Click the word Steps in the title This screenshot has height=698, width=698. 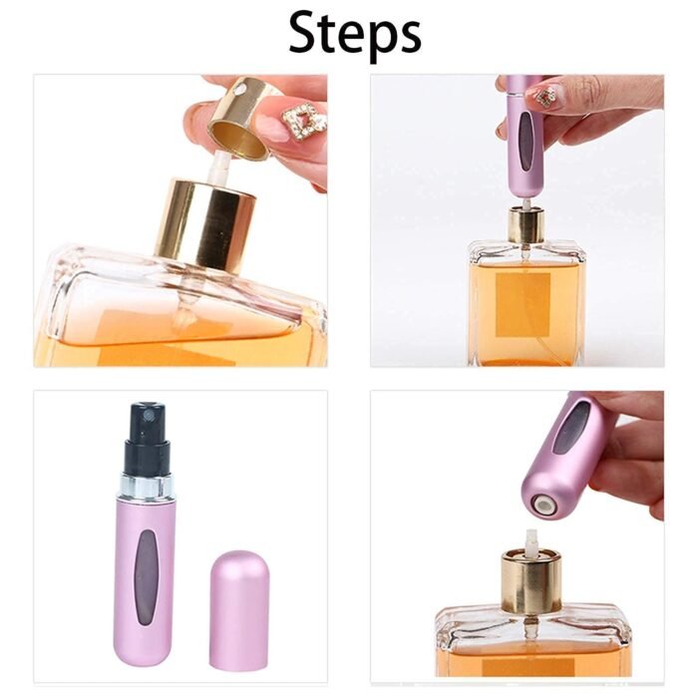355,35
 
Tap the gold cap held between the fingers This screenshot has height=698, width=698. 242,117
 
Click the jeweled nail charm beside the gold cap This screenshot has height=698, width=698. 303,123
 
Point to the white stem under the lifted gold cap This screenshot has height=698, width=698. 218,168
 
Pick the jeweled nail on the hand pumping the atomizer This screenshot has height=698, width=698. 545,97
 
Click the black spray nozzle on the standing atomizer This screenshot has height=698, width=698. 148,439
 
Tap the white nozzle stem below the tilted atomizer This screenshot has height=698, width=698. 530,542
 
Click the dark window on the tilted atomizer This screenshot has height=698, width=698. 570,427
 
